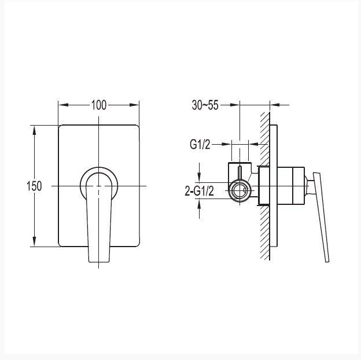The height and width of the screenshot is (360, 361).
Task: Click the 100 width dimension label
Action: pyautogui.click(x=99, y=105)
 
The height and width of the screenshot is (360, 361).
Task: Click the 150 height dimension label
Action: pyautogui.click(x=34, y=186)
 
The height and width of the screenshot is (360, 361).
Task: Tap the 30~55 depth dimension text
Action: pyautogui.click(x=205, y=105)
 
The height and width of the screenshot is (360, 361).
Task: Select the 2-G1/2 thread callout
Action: pyautogui.click(x=200, y=191)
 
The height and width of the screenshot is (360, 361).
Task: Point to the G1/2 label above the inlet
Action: pyautogui.click(x=200, y=145)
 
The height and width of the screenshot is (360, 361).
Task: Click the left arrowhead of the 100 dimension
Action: pyautogui.click(x=64, y=105)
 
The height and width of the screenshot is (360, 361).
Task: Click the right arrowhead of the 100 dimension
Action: pyautogui.click(x=134, y=105)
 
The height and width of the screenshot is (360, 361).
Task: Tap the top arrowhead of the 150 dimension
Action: pyautogui.click(x=34, y=130)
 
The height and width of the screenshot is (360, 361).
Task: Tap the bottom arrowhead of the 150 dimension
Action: pyautogui.click(x=34, y=241)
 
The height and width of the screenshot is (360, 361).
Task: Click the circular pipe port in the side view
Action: pyautogui.click(x=240, y=191)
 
